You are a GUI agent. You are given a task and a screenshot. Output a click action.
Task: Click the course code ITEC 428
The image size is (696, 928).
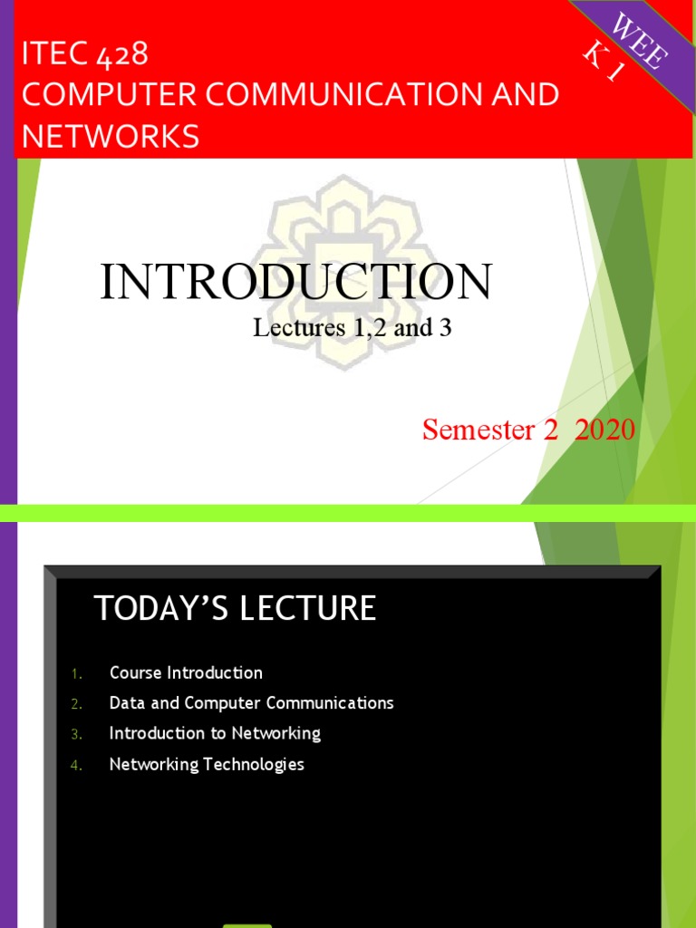click(85, 54)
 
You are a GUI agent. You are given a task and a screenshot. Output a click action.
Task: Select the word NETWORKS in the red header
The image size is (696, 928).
click(111, 137)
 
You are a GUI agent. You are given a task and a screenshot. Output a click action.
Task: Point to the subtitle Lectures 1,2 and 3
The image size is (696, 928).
click(352, 328)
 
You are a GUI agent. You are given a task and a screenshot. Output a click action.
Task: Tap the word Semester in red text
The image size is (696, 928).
click(478, 430)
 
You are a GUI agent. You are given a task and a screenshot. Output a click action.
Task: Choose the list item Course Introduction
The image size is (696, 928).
click(186, 672)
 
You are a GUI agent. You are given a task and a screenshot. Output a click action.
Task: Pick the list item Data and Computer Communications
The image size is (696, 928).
click(251, 703)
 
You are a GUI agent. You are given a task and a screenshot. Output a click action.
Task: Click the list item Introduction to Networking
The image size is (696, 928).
click(215, 733)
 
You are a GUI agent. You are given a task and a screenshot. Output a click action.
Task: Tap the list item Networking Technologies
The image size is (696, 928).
click(207, 764)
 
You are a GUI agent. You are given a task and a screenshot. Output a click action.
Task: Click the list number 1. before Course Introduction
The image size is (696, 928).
click(76, 673)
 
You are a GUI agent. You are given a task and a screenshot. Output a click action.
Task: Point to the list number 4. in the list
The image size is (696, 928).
click(76, 765)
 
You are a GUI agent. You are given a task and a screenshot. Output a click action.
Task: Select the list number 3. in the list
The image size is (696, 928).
click(76, 734)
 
